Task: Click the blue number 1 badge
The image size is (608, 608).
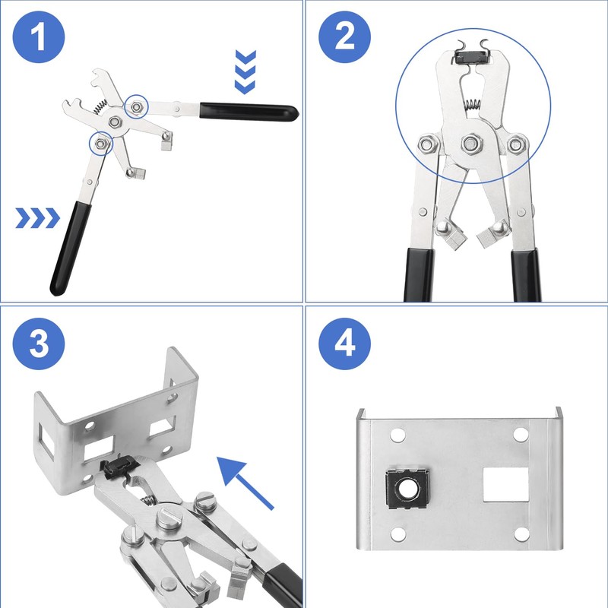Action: click(x=39, y=39)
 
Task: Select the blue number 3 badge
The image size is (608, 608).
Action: click(x=39, y=344)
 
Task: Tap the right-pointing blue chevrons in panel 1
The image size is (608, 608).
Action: click(x=37, y=219)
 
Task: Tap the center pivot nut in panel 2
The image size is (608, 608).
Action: click(x=471, y=141)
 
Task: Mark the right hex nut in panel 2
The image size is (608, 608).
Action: click(x=518, y=142)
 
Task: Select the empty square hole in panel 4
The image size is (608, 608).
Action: click(x=506, y=484)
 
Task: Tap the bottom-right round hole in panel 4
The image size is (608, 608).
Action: click(x=521, y=534)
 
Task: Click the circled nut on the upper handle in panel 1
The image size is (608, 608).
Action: click(x=135, y=106)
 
